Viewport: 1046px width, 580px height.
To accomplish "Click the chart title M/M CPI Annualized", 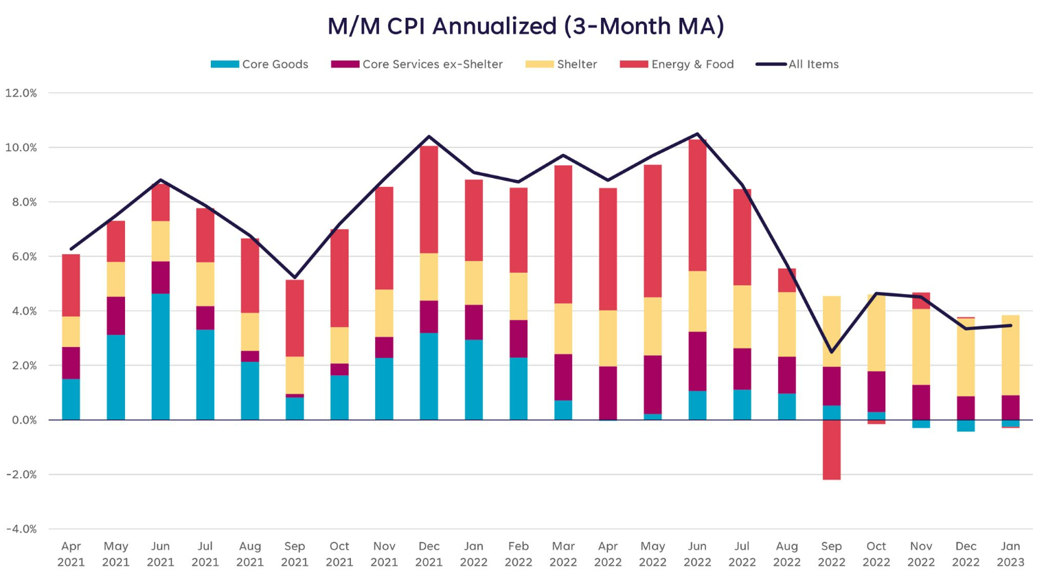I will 525,26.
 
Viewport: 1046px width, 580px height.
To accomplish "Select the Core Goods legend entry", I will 260,65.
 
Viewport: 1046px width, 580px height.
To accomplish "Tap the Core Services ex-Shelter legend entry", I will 418,65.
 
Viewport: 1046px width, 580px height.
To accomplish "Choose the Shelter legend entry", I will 562,65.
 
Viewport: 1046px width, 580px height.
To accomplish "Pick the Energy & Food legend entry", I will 677,65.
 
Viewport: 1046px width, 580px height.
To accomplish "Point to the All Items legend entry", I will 798,65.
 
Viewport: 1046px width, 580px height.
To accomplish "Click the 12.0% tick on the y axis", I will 21,93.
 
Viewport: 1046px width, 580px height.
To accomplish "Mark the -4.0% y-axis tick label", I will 21,529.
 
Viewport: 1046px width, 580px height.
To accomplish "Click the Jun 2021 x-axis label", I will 160,554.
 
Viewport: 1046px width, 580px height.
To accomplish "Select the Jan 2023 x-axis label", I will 1010,554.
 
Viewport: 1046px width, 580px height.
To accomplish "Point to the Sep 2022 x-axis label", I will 831,554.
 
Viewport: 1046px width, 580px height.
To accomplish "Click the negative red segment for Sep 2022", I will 831,449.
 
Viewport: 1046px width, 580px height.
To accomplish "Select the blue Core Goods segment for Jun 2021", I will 160,357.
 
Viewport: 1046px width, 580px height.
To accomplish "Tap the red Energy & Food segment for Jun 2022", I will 697,205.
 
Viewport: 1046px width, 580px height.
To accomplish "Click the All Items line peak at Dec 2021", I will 429,137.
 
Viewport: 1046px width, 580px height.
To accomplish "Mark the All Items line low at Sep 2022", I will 831,352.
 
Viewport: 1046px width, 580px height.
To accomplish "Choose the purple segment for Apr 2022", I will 608,392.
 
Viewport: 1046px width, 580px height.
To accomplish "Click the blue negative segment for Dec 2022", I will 966,426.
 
